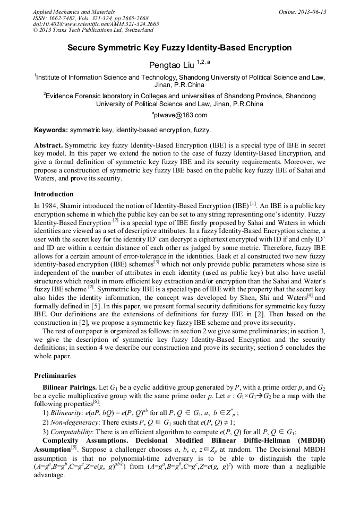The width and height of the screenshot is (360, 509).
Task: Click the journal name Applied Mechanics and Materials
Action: pos(73,11)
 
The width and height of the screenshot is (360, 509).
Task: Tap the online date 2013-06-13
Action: pos(312,11)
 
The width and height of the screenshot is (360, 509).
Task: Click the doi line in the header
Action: pos(96,24)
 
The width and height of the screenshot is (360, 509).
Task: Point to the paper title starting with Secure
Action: pos(179,48)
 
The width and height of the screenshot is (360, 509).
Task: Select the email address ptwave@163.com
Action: pos(180,115)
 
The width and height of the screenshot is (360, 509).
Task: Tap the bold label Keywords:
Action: pos(51,130)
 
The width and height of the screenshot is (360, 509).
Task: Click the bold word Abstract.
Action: pos(48,145)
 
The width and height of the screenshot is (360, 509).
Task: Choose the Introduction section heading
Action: pos(54,194)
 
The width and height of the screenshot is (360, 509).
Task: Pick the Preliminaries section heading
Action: pos(55,375)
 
